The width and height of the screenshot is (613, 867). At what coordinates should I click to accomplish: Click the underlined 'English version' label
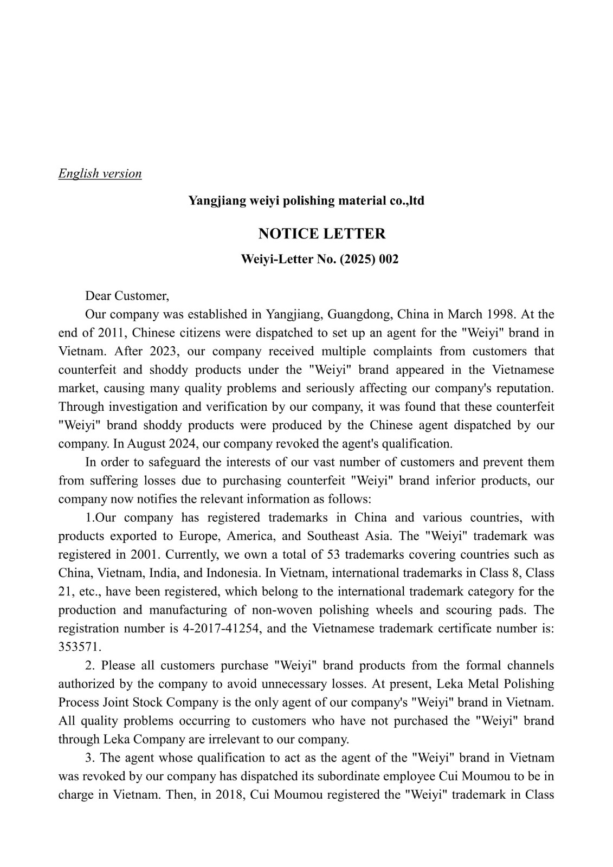coord(100,174)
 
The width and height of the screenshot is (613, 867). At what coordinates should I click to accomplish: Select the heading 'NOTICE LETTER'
coord(322,234)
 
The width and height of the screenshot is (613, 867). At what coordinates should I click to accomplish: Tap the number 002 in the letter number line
coord(389,259)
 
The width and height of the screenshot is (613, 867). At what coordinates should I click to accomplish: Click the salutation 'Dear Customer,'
coord(127,296)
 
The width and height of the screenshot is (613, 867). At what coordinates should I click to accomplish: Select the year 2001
coord(144,554)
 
